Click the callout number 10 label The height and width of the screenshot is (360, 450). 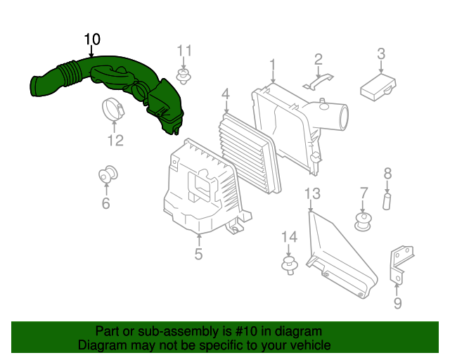tap(92, 39)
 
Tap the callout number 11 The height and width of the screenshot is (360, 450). tap(184, 50)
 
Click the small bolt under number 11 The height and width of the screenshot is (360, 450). tap(185, 76)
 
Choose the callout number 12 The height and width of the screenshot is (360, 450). tap(115, 140)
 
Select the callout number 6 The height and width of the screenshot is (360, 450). tap(105, 203)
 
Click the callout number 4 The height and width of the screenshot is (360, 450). tap(226, 94)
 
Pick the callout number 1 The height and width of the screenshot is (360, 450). tap(272, 65)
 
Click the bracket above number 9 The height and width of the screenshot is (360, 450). tap(400, 260)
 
